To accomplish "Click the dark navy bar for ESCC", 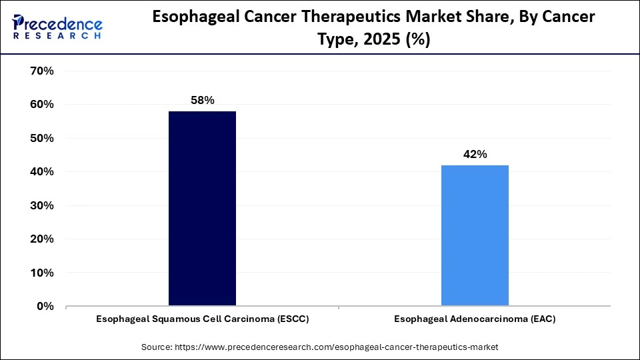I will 202,209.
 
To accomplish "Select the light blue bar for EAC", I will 475,235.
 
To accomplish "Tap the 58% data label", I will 202,100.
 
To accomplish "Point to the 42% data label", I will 475,154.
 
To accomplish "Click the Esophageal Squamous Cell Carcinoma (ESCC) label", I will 202,319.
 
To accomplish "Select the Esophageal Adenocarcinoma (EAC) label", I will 475,319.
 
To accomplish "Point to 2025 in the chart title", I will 383,40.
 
